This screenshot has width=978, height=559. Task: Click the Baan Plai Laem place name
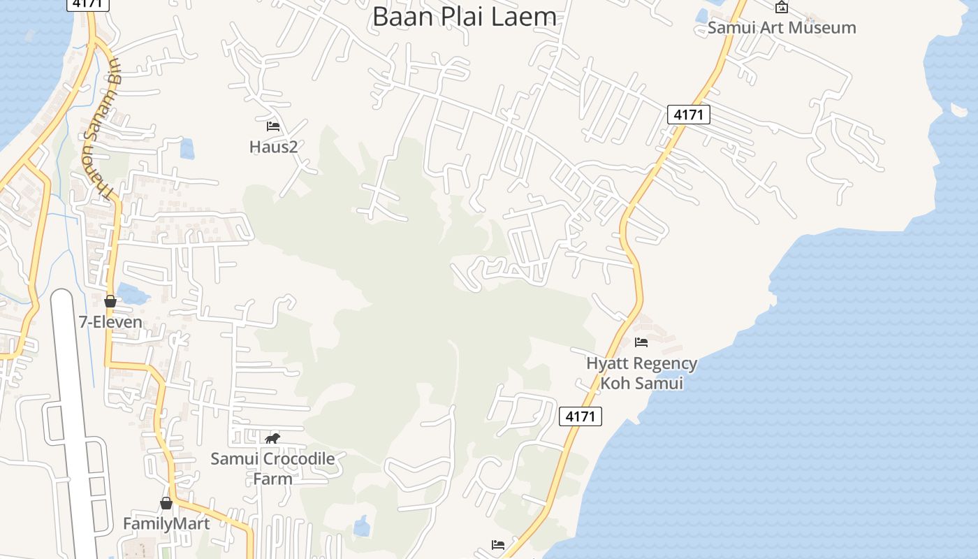click(x=465, y=16)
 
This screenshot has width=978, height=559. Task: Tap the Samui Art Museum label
click(x=782, y=28)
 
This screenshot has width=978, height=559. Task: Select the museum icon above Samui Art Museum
click(x=782, y=8)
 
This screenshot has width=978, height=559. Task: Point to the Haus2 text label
click(x=273, y=147)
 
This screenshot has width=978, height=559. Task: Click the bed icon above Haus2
click(x=273, y=126)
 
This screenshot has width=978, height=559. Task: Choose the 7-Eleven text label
click(x=110, y=322)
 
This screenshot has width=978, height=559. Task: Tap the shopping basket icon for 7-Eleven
click(x=110, y=301)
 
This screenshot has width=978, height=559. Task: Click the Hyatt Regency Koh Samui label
click(x=641, y=373)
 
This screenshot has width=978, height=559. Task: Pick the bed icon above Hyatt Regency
click(x=641, y=342)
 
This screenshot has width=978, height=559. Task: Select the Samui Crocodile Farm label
click(x=272, y=468)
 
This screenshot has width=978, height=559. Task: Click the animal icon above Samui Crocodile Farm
click(x=272, y=438)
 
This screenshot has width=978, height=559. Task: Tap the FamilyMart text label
click(x=166, y=523)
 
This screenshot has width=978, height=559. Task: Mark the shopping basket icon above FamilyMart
click(x=166, y=503)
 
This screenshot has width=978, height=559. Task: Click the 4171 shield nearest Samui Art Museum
click(x=688, y=115)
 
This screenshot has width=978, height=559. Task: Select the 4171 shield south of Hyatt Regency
click(x=581, y=416)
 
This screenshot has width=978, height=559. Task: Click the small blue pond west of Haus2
click(x=187, y=148)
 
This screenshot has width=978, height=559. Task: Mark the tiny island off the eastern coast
click(x=958, y=110)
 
